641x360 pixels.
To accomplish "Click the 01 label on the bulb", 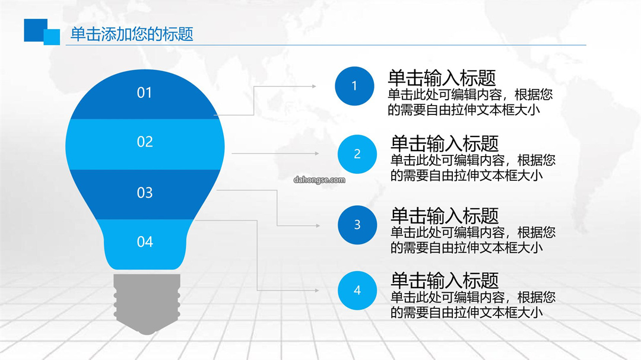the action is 144,93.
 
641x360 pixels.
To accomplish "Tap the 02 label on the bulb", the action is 145,142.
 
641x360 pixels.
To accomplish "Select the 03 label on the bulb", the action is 145,193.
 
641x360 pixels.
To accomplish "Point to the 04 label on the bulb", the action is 145,241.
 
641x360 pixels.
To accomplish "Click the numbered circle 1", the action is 354,86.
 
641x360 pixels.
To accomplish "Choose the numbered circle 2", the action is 357,154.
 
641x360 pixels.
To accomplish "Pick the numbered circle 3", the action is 357,225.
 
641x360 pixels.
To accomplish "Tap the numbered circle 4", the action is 357,290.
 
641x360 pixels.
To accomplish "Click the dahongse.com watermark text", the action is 319,180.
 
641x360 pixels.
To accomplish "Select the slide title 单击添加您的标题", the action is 132,34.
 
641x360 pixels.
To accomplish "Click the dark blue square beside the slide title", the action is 35,30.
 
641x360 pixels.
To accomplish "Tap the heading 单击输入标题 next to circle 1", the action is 442,78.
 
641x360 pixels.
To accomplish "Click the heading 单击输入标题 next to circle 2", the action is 445,144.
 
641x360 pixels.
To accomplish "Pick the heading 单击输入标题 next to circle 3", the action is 445,215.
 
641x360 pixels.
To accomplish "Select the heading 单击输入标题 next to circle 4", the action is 445,281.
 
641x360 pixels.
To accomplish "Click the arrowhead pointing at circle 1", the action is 314,86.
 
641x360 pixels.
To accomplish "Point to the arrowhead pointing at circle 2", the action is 317,154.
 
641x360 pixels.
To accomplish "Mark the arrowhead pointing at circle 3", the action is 318,225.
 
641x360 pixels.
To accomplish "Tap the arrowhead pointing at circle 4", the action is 317,291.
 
